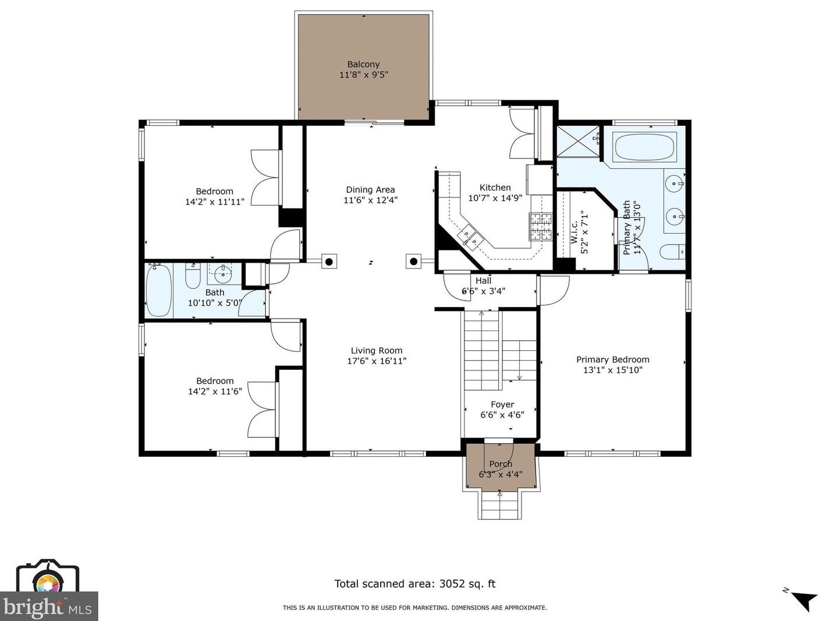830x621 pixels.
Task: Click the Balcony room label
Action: point(363,64)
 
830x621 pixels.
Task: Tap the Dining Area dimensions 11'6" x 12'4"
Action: point(370,200)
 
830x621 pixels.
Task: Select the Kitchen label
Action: point(495,188)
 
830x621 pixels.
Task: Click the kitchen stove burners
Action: point(540,227)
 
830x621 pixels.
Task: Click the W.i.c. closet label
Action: point(574,232)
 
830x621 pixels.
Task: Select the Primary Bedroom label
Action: point(612,359)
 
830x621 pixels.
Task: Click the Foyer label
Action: point(502,404)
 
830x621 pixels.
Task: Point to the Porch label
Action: point(501,464)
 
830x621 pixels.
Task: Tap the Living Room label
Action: point(377,351)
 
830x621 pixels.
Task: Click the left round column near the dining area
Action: point(329,261)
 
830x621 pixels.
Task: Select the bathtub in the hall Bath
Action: point(159,291)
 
